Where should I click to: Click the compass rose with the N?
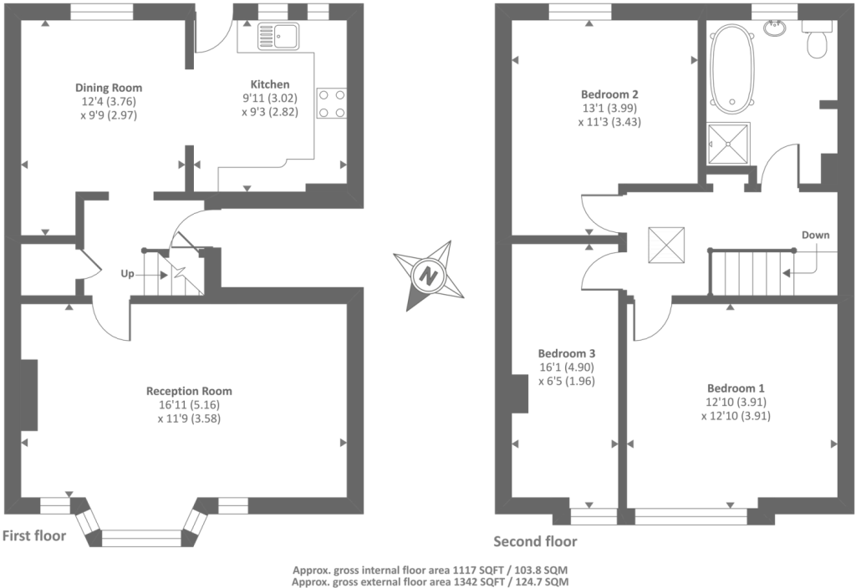(429, 276)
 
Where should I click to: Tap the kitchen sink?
(279, 37)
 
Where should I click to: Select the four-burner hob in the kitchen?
(332, 104)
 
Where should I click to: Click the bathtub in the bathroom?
(733, 67)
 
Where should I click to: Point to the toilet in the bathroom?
(817, 43)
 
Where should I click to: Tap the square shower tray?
(729, 144)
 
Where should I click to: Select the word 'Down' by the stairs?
(815, 235)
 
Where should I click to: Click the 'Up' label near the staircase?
(128, 273)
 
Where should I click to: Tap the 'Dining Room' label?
(109, 88)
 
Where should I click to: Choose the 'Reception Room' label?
(189, 391)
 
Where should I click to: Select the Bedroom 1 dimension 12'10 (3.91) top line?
(736, 403)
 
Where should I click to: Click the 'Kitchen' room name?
(270, 84)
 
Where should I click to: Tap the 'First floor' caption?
(34, 535)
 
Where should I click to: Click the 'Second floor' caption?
(535, 541)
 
